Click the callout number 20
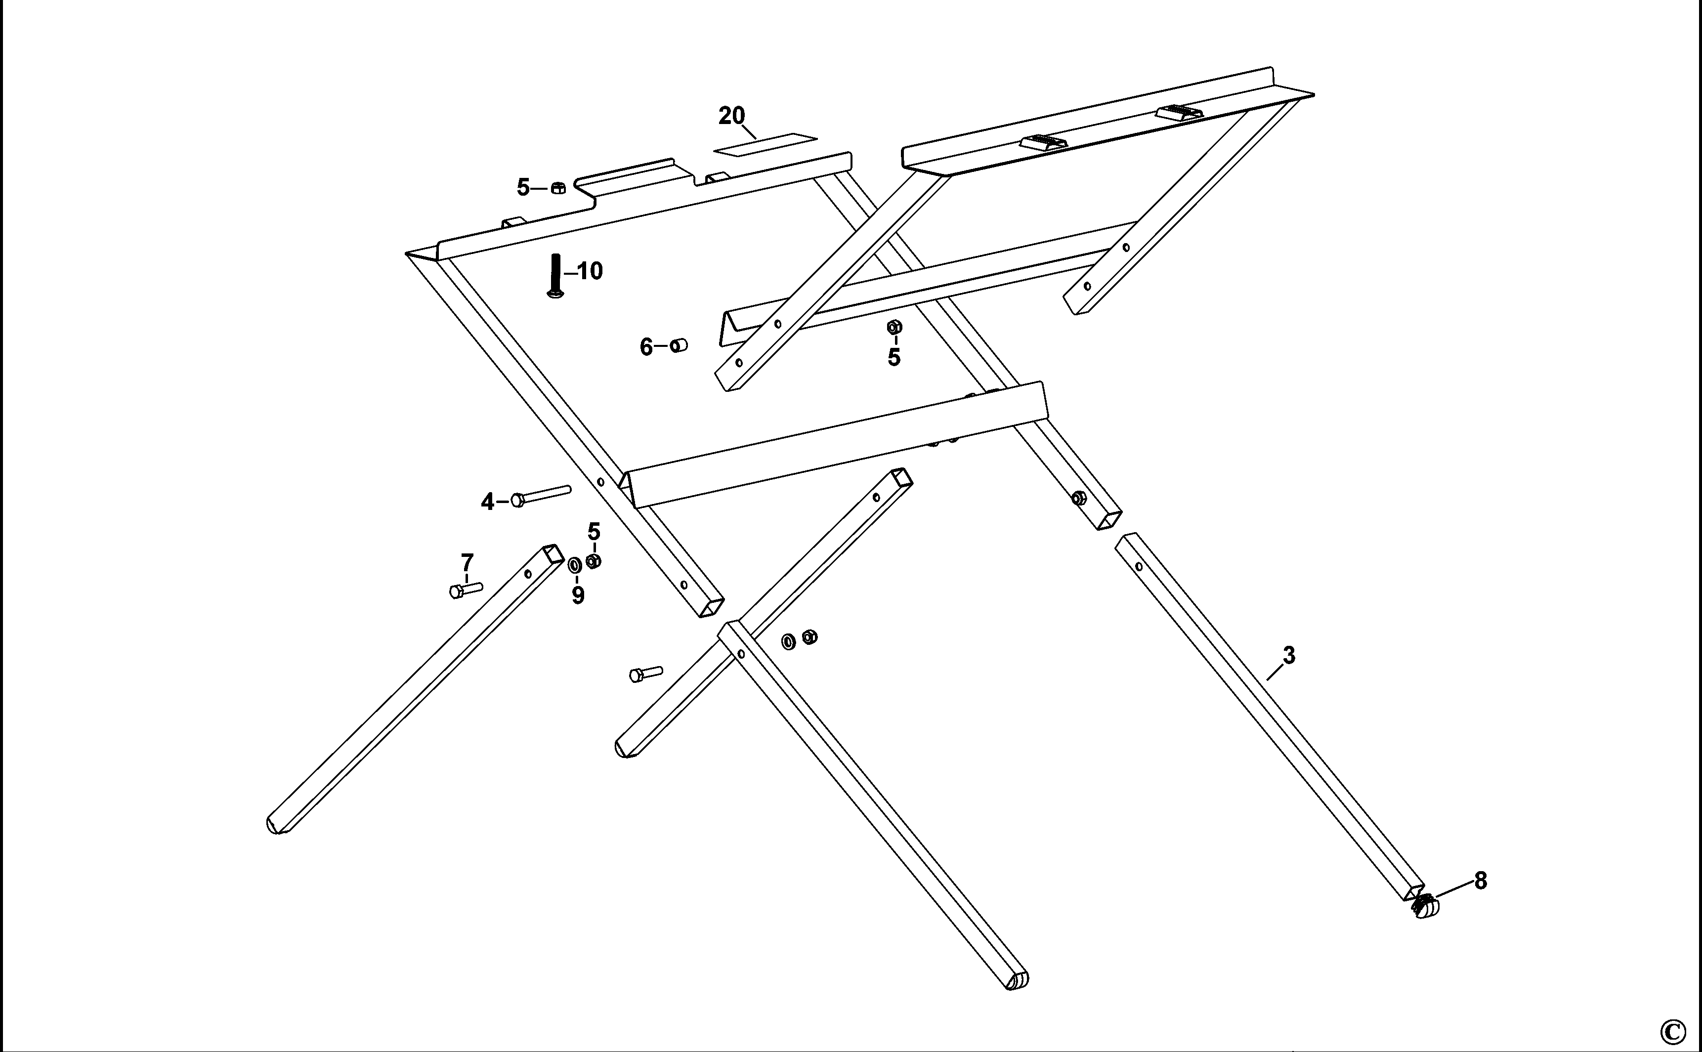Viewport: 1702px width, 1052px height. pos(731,116)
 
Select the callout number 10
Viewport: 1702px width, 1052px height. pos(590,271)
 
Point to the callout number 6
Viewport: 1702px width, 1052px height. pos(646,346)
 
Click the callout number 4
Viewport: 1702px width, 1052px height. pos(487,502)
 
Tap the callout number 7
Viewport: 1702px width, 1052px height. pos(467,562)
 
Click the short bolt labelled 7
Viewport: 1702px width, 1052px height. pos(466,590)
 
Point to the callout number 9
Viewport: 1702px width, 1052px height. pos(578,595)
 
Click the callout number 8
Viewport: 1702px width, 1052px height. pos(1481,882)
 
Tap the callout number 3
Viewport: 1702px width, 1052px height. pos(1289,655)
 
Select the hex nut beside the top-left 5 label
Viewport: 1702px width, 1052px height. pos(558,188)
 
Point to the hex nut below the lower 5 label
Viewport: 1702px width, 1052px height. pos(593,561)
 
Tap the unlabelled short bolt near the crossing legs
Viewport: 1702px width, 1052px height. pos(646,673)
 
